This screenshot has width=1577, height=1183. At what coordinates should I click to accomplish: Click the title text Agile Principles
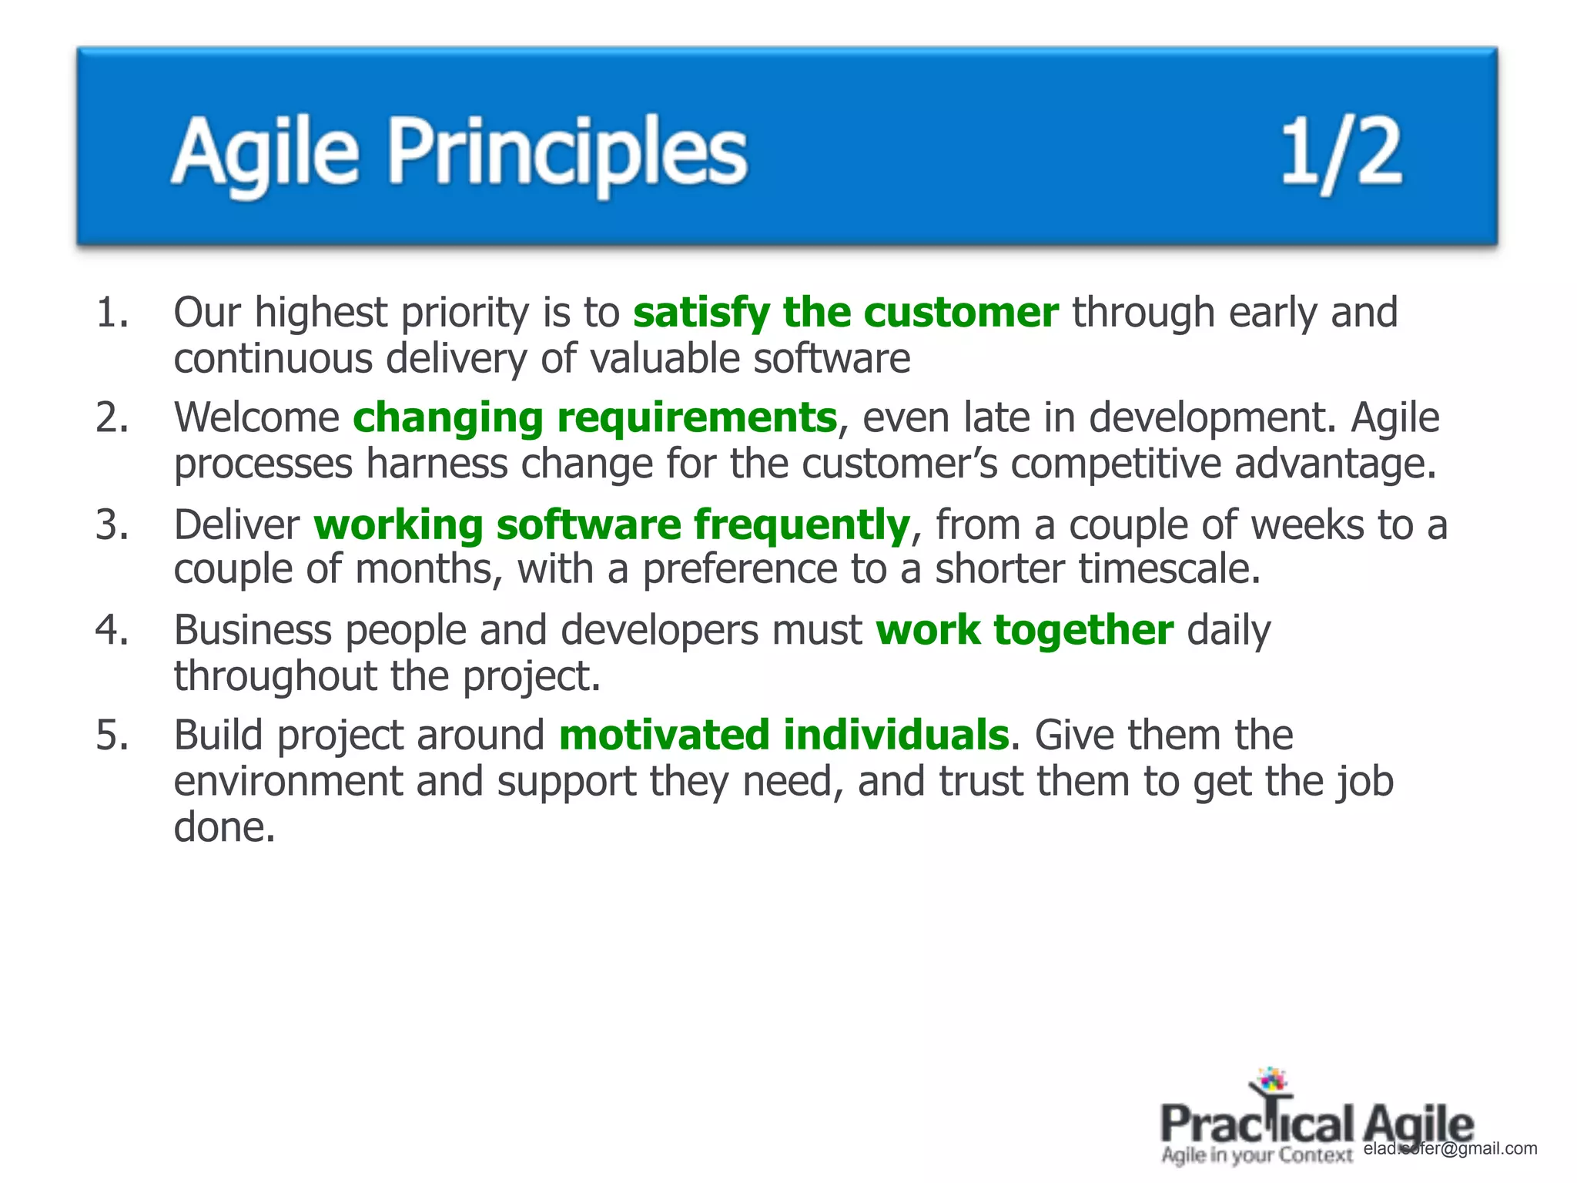pyautogui.click(x=459, y=152)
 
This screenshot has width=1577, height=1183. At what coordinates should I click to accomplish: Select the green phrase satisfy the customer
pyautogui.click(x=845, y=313)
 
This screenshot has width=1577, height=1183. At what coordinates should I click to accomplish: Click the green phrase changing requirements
pyautogui.click(x=594, y=418)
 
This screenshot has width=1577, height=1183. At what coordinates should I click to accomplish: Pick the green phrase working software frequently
pyautogui.click(x=612, y=525)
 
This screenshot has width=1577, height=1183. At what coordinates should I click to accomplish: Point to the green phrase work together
pyautogui.click(x=1024, y=630)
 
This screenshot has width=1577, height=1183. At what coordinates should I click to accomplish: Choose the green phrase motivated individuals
pyautogui.click(x=784, y=735)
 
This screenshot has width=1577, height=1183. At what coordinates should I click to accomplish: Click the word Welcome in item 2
pyautogui.click(x=256, y=418)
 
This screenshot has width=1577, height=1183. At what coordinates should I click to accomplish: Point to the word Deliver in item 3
pyautogui.click(x=236, y=525)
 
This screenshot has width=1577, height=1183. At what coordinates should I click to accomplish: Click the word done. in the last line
pyautogui.click(x=224, y=828)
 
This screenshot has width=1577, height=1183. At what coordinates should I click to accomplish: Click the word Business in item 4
pyautogui.click(x=252, y=630)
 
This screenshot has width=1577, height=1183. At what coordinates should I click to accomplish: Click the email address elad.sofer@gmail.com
pyautogui.click(x=1450, y=1148)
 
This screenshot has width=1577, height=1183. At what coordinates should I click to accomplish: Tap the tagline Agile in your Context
pyautogui.click(x=1257, y=1155)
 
